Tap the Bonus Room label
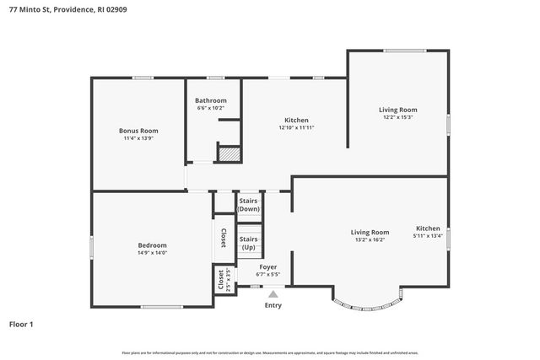point(138,131)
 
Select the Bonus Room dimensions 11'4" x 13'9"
point(138,138)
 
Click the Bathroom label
point(210,100)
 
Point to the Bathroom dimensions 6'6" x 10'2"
point(210,108)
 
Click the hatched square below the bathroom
point(229,154)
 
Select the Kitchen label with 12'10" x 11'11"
point(295,121)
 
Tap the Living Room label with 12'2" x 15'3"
point(397,110)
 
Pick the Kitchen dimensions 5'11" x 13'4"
point(428,236)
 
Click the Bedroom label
point(153,244)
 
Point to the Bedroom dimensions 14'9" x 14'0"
point(153,252)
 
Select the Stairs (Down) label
point(249,205)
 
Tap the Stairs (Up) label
point(249,243)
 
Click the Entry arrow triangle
point(273,293)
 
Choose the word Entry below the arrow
point(273,305)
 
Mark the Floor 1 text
point(21,324)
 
